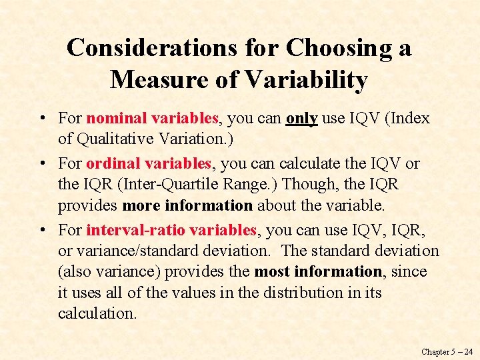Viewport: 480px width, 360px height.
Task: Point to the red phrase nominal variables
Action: pyautogui.click(x=153, y=119)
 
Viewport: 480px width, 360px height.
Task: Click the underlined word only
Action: pyautogui.click(x=301, y=119)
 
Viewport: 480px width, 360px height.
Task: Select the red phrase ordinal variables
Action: pyautogui.click(x=149, y=164)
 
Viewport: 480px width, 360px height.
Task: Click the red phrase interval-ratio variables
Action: pyautogui.click(x=171, y=231)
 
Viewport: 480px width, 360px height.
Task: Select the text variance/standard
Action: pyautogui.click(x=135, y=251)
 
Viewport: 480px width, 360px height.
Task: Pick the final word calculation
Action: pyautogui.click(x=97, y=313)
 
